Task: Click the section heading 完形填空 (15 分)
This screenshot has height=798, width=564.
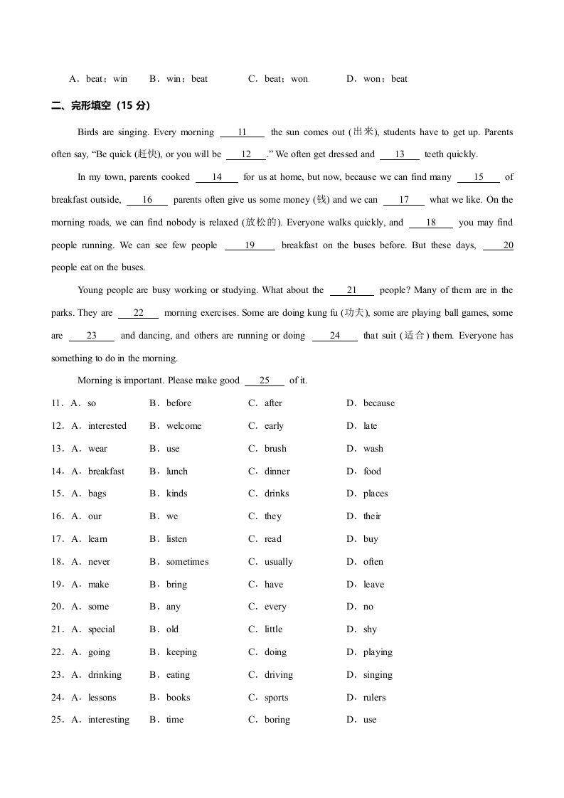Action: [x=101, y=105]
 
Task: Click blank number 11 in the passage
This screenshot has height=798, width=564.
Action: [x=242, y=132]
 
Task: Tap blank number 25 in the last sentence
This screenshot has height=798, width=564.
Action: [x=264, y=381]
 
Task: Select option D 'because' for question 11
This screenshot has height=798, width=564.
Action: [x=378, y=403]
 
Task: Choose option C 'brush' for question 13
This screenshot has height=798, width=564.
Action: [x=275, y=449]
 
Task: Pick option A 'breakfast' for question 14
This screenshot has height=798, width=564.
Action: [x=106, y=472]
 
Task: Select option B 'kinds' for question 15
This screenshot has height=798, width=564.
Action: [x=176, y=494]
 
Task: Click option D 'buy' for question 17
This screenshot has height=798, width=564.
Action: [x=371, y=539]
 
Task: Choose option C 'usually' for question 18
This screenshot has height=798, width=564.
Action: [x=278, y=562]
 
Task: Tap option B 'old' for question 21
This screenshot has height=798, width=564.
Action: [x=172, y=629]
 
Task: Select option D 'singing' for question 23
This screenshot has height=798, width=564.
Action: [x=377, y=675]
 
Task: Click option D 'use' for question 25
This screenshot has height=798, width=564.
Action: [x=370, y=720]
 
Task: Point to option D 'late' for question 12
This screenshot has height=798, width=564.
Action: [x=370, y=426]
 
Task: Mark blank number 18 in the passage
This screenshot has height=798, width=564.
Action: [x=431, y=223]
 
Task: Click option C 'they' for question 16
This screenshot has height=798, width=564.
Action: [x=273, y=516]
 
